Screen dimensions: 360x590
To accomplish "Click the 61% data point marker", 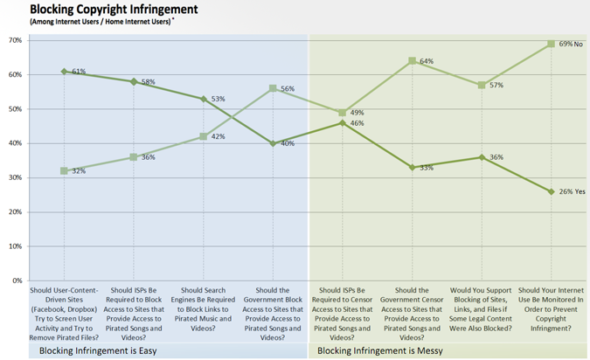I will tap(64, 72).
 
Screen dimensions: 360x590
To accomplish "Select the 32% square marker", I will tap(64, 170).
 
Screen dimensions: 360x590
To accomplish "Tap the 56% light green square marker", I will tap(273, 88).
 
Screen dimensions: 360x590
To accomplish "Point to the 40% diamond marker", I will tap(273, 143).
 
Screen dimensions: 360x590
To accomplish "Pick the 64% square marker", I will tap(412, 61).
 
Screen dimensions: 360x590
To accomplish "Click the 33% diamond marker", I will tap(412, 167).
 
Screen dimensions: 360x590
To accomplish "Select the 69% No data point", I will tap(551, 44).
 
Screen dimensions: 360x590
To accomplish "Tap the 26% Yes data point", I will tap(551, 191).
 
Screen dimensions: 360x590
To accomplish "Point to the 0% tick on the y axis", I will tap(16, 280).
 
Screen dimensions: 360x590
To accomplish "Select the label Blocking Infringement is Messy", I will tap(380, 351).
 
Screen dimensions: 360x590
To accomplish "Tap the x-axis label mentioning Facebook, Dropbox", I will tap(64, 311).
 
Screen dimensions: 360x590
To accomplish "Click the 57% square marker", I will tap(482, 85).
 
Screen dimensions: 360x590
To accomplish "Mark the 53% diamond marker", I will tap(203, 99).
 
